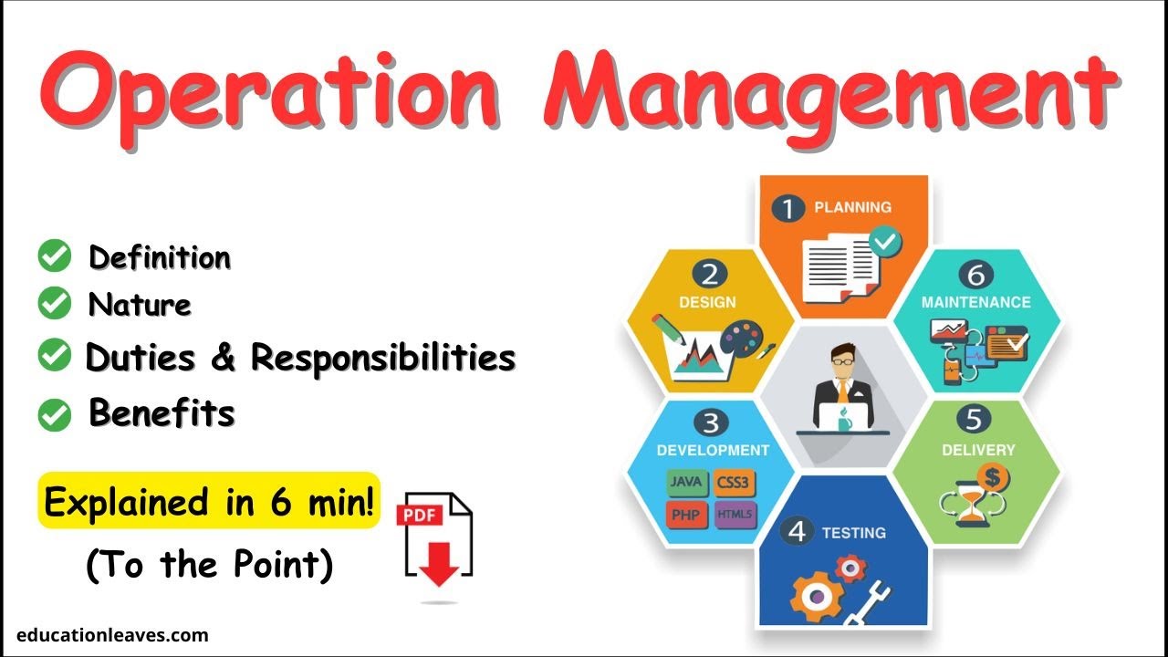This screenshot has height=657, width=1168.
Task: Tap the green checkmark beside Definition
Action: point(55,256)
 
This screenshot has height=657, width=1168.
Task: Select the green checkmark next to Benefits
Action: point(55,415)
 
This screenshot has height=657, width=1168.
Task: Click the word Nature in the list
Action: point(140,304)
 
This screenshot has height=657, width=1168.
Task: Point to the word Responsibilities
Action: point(383,358)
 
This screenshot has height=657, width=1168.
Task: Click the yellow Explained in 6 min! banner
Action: point(209,501)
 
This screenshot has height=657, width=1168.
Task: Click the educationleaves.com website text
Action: point(112,635)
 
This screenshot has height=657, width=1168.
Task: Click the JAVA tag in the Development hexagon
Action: point(684,481)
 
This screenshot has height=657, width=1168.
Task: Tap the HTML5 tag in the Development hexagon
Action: point(735,515)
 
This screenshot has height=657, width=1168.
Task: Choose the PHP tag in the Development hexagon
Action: point(684,515)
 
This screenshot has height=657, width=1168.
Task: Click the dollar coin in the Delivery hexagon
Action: point(990,475)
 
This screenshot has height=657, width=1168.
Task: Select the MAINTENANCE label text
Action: point(975,302)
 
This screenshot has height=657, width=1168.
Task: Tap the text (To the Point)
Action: point(209,566)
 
